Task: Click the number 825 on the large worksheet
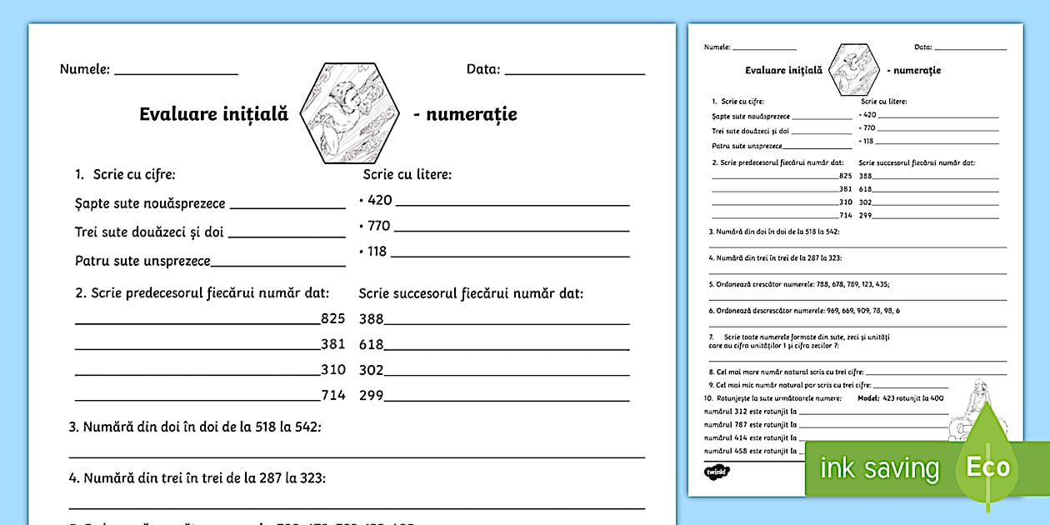332,317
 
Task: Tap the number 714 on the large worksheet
332,395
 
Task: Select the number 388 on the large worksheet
371,318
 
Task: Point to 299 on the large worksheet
371,395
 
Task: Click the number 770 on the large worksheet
378,226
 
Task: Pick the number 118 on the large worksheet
377,252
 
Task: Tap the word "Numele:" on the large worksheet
85,70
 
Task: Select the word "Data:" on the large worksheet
483,70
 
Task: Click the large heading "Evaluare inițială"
213,115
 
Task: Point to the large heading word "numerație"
471,115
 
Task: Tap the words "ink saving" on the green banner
879,468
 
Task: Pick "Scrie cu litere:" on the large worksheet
407,175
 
